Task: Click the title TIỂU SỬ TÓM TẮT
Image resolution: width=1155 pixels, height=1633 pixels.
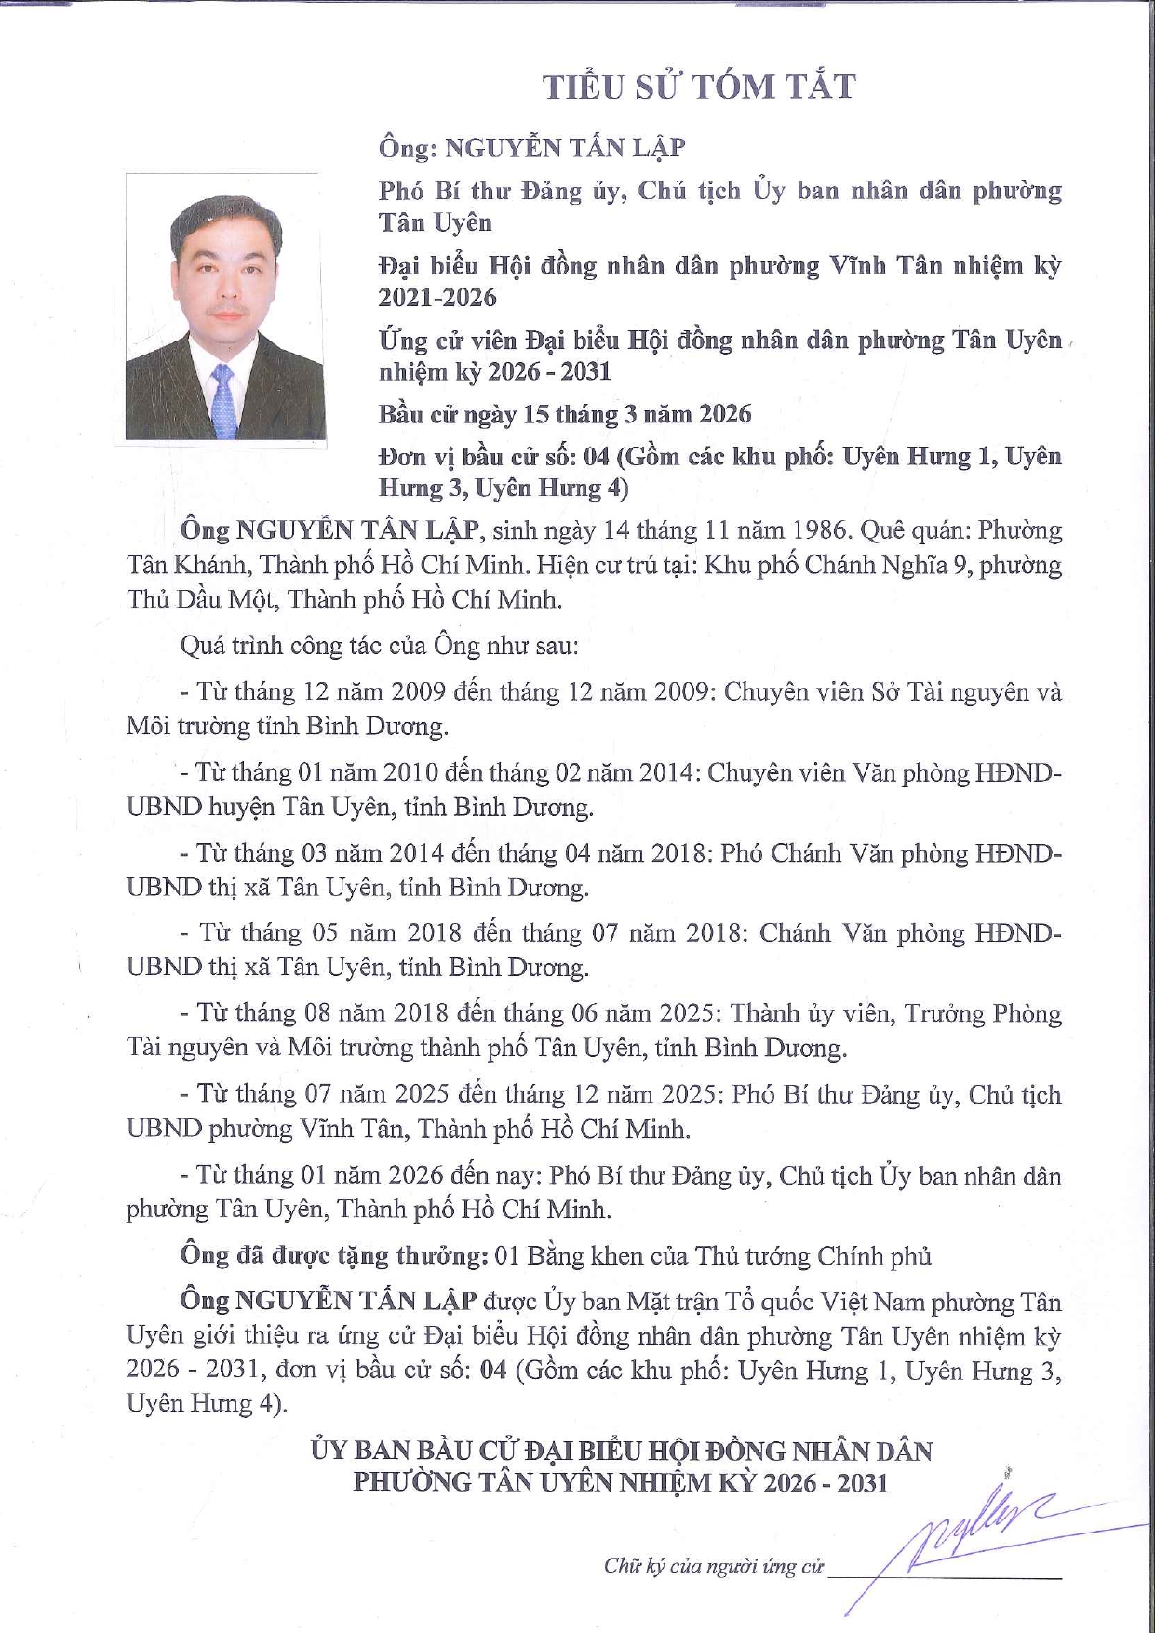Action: point(699,87)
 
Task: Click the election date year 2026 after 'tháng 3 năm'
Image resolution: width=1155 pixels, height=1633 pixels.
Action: point(725,414)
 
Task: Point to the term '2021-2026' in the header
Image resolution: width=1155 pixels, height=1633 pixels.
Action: point(437,298)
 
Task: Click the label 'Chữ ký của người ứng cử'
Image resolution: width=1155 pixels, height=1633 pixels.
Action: point(714,1566)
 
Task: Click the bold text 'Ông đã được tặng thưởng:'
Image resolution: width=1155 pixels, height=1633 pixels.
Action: point(334,1255)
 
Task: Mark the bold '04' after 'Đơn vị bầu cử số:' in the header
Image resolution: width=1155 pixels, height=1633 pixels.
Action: point(596,457)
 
